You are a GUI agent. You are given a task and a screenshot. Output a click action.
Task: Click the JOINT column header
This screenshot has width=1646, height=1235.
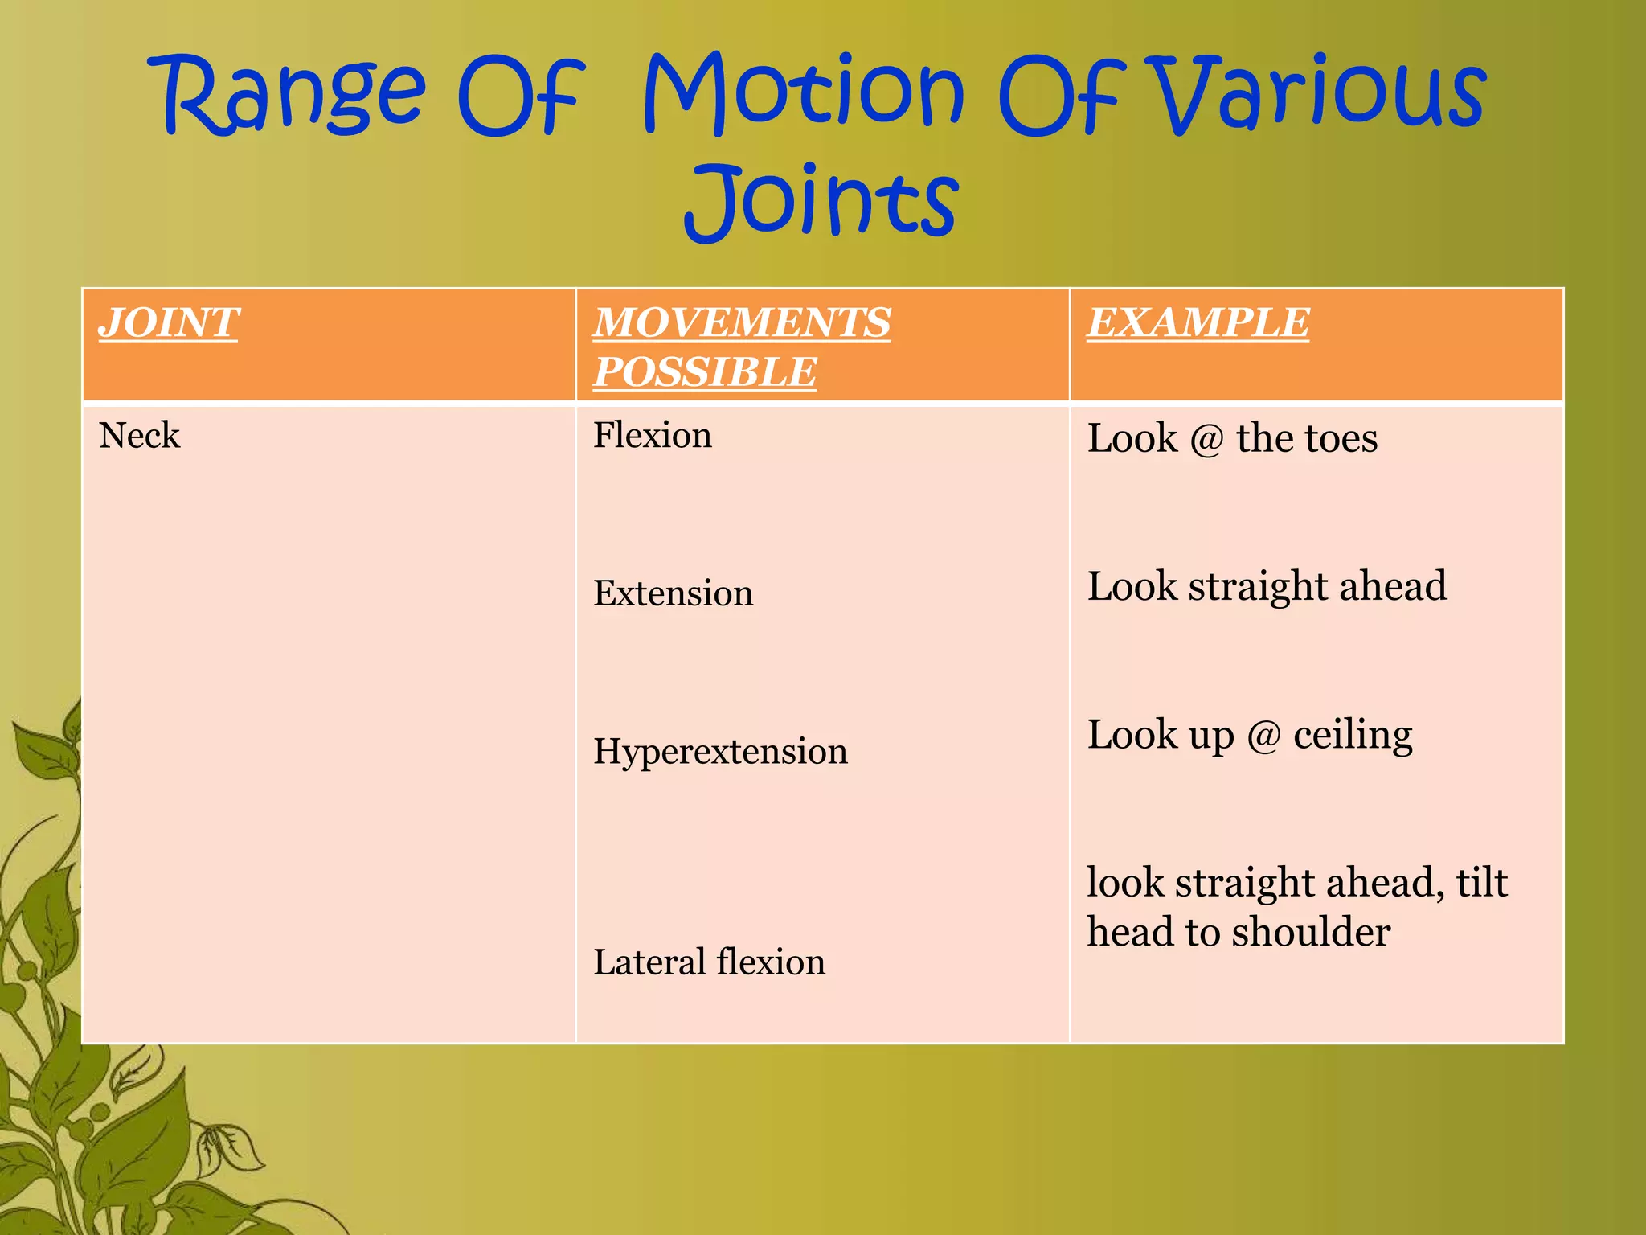(168, 323)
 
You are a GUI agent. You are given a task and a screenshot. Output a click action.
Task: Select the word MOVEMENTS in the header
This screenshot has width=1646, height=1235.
(741, 323)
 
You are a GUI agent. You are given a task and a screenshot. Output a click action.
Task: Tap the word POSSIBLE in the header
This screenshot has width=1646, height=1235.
(704, 372)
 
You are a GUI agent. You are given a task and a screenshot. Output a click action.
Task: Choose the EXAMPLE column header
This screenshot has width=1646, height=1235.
(1198, 323)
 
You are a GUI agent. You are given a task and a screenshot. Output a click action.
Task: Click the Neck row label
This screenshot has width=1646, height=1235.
(139, 436)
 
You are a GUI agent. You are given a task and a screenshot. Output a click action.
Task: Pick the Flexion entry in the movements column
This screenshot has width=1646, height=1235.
(652, 436)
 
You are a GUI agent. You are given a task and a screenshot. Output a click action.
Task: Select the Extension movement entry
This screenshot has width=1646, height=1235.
(673, 593)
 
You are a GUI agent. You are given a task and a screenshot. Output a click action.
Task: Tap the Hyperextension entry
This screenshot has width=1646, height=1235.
(720, 752)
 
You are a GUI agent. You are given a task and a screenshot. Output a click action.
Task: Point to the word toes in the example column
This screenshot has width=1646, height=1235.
(1341, 439)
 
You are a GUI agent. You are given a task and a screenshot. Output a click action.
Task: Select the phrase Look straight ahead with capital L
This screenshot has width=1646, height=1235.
(1267, 586)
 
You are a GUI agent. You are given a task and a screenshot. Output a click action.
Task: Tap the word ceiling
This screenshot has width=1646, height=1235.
(1352, 735)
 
